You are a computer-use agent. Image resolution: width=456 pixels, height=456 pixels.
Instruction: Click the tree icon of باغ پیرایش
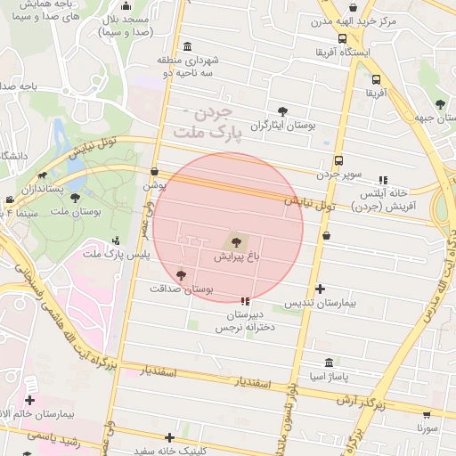click(x=234, y=240)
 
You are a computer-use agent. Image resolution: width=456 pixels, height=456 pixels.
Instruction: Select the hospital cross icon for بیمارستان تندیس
click(x=321, y=289)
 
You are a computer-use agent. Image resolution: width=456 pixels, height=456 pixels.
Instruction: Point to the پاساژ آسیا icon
click(x=330, y=363)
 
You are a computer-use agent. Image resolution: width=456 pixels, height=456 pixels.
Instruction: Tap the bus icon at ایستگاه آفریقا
click(x=343, y=38)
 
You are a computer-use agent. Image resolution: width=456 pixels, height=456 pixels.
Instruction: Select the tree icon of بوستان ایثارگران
click(x=282, y=111)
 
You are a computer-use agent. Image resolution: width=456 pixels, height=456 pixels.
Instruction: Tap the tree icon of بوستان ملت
click(x=75, y=198)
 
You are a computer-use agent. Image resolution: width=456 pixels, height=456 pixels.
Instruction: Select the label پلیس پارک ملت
click(x=117, y=255)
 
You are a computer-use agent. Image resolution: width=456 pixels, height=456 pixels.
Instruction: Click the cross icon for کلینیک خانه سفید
click(x=169, y=437)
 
